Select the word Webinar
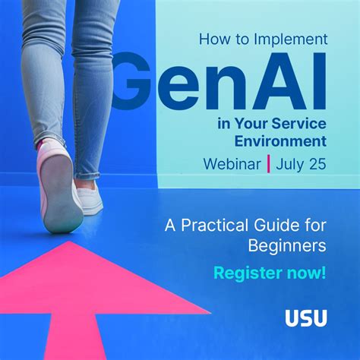click(x=232, y=163)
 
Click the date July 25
click(x=301, y=163)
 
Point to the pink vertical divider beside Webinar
click(x=267, y=163)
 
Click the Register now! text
click(x=270, y=273)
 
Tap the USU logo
click(x=306, y=318)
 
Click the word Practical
click(x=221, y=225)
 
